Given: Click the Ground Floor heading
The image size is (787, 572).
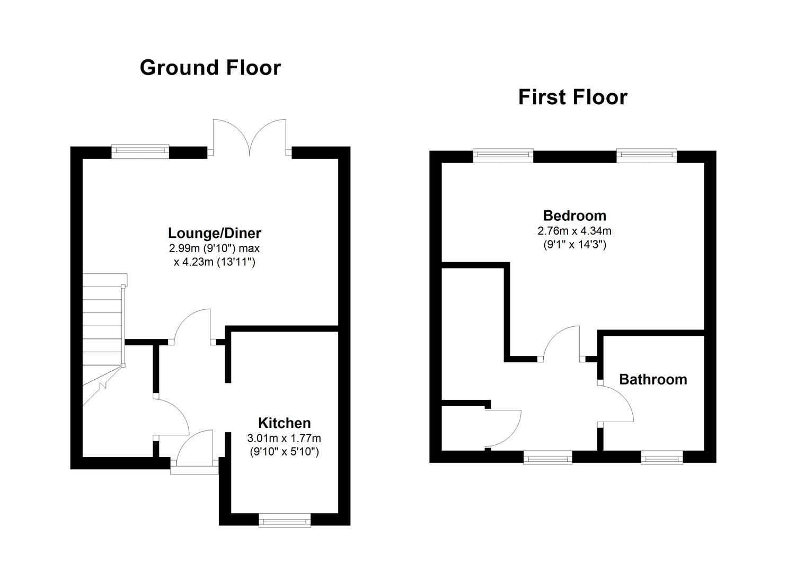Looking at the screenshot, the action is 210,68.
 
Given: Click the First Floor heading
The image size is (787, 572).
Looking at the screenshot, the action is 572,97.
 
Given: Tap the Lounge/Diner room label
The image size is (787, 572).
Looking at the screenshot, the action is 215,233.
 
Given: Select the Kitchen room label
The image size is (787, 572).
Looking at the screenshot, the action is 284,423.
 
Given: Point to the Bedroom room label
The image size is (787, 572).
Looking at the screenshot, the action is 574,216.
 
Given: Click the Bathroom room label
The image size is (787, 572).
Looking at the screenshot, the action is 653,379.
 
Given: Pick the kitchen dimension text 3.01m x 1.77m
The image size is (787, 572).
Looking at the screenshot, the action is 284,438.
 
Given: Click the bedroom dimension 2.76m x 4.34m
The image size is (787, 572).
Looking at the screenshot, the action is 574,231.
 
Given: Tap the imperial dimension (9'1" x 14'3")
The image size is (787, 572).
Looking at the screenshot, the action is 574,245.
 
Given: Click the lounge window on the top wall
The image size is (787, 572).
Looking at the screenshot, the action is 140,151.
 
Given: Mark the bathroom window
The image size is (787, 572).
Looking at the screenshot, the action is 661,458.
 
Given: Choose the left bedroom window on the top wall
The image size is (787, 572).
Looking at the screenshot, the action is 503,156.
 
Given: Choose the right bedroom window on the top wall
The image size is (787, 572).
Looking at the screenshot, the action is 647,156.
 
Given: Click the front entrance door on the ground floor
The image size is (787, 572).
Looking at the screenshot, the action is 194,450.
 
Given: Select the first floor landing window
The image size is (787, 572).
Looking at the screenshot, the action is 547,458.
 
